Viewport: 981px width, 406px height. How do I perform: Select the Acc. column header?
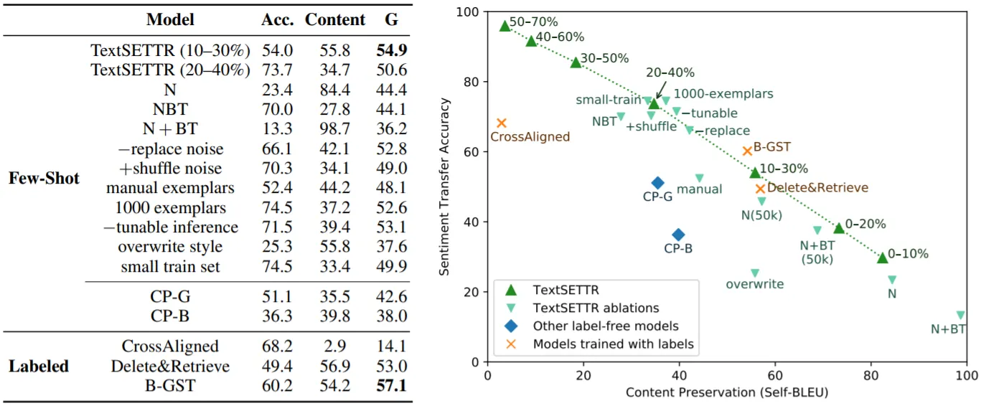click(277, 20)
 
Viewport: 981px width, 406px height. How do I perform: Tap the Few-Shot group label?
click(44, 178)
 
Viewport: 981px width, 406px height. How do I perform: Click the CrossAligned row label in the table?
click(169, 347)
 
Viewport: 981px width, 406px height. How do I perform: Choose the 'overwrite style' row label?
click(171, 247)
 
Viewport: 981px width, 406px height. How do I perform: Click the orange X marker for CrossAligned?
click(502, 123)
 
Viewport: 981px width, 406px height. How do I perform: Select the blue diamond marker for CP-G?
click(657, 183)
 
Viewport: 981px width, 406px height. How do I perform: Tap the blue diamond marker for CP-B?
click(678, 235)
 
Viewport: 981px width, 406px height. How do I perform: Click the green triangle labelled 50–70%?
click(504, 26)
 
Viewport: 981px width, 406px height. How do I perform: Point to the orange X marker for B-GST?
click(747, 151)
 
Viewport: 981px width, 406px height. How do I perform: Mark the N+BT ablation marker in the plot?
click(960, 315)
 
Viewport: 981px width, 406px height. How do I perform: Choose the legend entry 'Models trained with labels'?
click(613, 344)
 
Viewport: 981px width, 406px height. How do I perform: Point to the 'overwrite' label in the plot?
click(754, 284)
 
